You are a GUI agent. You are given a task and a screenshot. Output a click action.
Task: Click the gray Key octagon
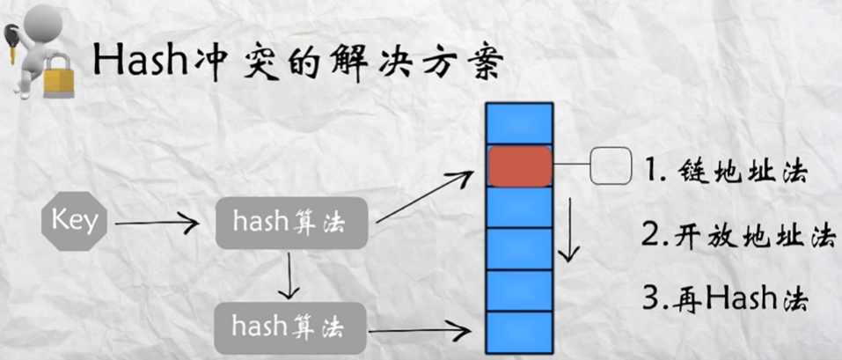(74, 221)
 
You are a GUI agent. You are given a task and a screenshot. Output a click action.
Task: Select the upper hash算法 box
(280, 224)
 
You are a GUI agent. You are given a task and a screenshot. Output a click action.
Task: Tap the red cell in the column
(520, 166)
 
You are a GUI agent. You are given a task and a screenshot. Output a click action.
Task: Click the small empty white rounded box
(611, 167)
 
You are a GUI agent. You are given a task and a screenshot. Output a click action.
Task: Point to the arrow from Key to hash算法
(157, 224)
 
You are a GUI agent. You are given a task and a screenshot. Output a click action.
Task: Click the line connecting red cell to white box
(571, 165)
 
